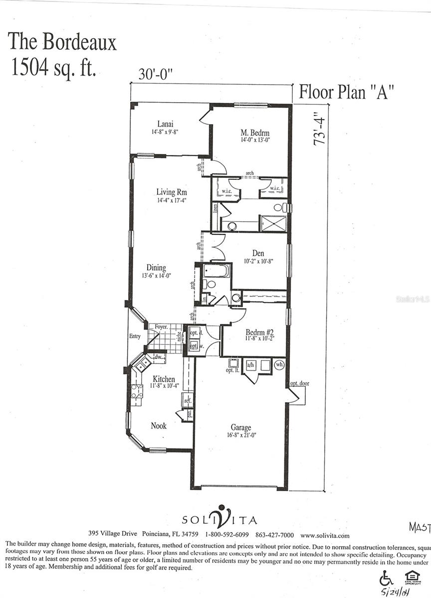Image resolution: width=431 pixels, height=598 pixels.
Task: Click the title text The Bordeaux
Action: coord(62,42)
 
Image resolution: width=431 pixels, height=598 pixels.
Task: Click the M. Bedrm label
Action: coord(255,133)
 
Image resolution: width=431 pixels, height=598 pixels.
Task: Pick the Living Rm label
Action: coord(171,192)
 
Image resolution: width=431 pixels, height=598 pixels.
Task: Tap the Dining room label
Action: coord(156,268)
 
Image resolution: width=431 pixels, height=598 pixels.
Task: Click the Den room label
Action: coord(258,253)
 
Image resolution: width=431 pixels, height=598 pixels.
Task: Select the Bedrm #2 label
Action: coord(259,332)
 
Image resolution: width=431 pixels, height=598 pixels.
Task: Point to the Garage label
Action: coord(240,428)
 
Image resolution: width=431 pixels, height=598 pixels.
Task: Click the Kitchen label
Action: coord(163,379)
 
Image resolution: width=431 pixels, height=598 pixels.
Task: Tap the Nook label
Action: coord(159,426)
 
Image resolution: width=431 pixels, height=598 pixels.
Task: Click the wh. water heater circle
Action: coord(279,364)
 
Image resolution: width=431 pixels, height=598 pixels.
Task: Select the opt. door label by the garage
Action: coord(300,384)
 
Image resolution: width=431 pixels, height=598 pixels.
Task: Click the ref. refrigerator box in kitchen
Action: coord(187,400)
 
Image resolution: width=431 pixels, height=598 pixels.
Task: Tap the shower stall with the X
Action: coord(273,223)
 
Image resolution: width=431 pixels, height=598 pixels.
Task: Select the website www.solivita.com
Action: coord(324,535)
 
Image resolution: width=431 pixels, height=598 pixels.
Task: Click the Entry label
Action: coord(135,336)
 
